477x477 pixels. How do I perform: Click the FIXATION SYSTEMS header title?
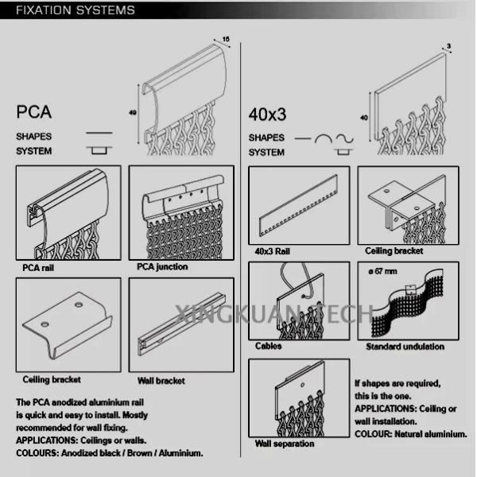[76, 10]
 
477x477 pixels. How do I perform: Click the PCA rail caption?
[38, 268]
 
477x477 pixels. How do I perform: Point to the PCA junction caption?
[162, 266]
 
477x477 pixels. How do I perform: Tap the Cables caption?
[268, 346]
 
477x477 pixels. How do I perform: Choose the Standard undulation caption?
[405, 347]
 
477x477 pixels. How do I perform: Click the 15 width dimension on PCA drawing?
[226, 39]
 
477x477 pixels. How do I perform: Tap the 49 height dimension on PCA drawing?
[133, 112]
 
